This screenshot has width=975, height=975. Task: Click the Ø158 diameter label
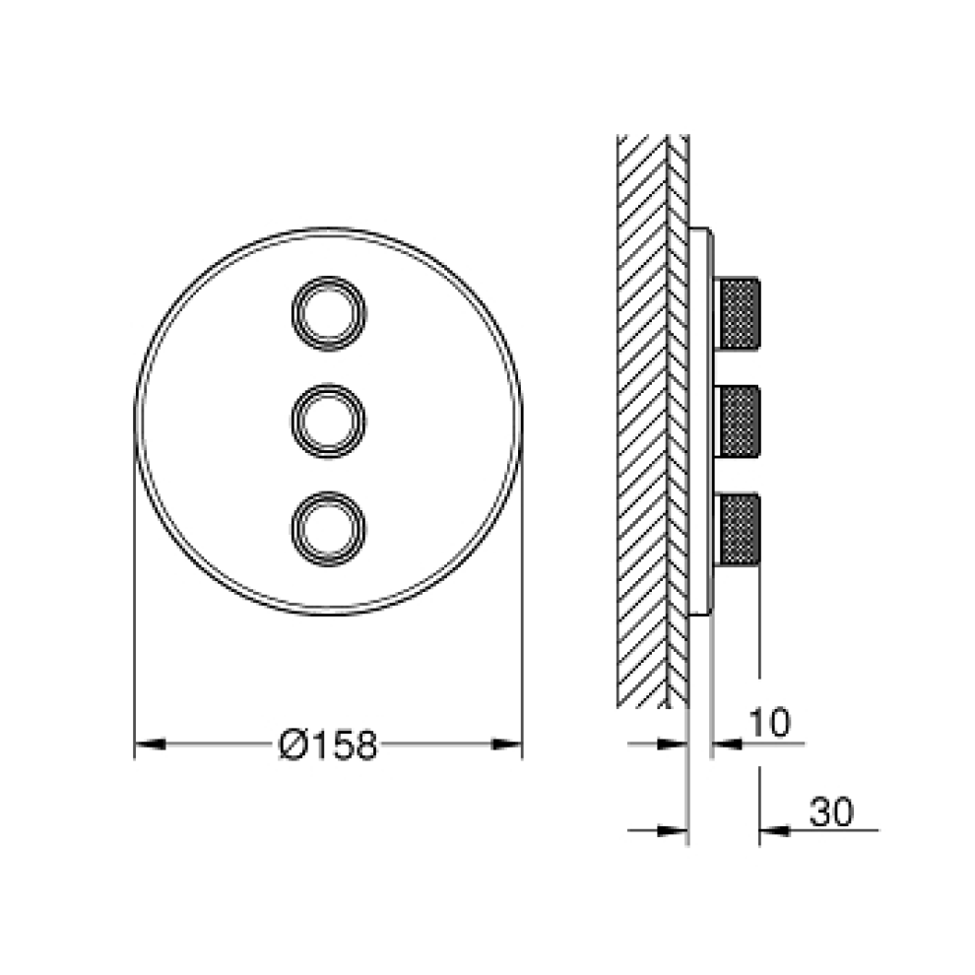pos(328,744)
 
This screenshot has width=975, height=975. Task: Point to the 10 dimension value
pos(769,722)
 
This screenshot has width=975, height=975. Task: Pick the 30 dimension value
pos(831,812)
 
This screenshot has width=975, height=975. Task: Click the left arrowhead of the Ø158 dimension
pos(150,744)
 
